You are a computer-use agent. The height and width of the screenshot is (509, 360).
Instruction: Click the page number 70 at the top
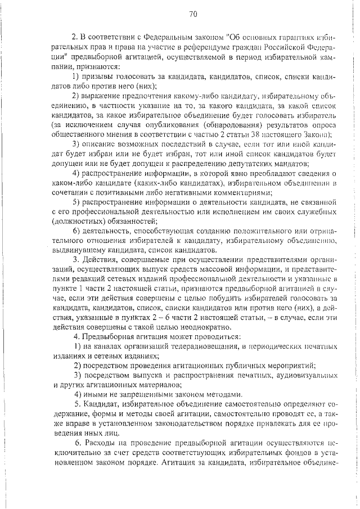[x=193, y=13]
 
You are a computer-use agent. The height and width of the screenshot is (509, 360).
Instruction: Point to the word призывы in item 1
[x=102, y=76]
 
